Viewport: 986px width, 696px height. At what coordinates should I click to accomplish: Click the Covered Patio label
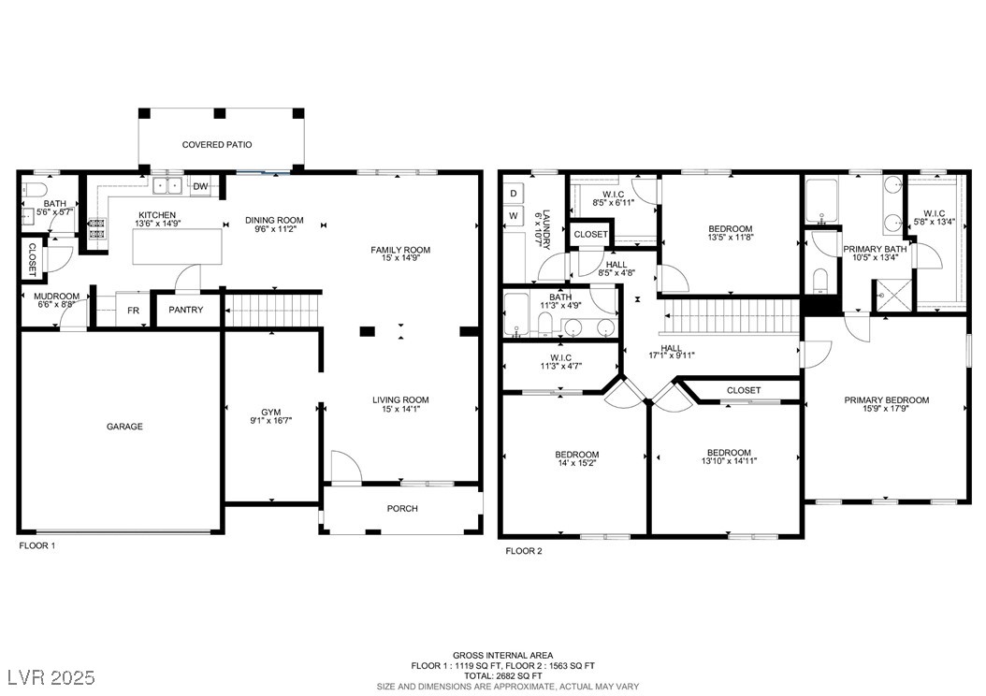point(217,145)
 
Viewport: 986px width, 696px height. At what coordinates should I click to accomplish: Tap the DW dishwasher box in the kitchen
point(200,186)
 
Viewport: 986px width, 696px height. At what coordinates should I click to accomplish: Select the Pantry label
point(186,310)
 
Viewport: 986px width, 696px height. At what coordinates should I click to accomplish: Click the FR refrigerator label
point(134,311)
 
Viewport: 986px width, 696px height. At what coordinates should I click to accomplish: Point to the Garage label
point(124,427)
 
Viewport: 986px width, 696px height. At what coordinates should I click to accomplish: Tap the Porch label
point(402,508)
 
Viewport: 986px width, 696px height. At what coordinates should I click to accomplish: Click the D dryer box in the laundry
point(514,194)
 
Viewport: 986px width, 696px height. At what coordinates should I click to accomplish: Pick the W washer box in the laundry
point(514,216)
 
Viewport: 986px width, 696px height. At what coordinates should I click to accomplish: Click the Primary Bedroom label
point(887,399)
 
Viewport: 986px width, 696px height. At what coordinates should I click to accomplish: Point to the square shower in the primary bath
point(892,296)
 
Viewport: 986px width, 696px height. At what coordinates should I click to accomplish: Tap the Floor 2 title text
point(524,551)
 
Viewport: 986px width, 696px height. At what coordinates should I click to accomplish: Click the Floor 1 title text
point(37,545)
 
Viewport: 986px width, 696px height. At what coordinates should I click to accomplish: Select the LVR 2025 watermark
point(51,677)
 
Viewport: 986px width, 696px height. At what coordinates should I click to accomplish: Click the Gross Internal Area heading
point(503,655)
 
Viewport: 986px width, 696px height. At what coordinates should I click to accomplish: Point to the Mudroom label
point(56,297)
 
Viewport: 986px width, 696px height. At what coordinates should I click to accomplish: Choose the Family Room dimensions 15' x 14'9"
point(400,258)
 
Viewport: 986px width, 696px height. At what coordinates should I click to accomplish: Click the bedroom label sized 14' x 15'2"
point(576,455)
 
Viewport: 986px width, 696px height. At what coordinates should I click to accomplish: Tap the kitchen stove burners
point(97,228)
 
